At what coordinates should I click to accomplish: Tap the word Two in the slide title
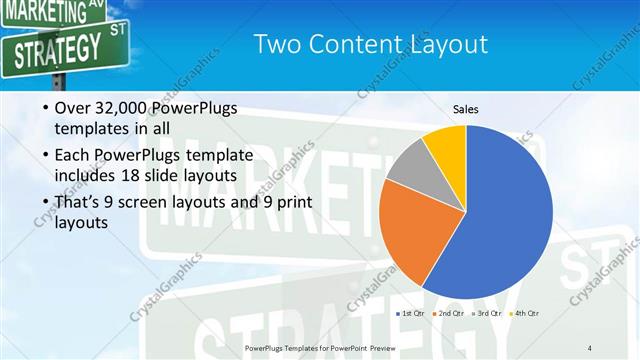click(275, 44)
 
